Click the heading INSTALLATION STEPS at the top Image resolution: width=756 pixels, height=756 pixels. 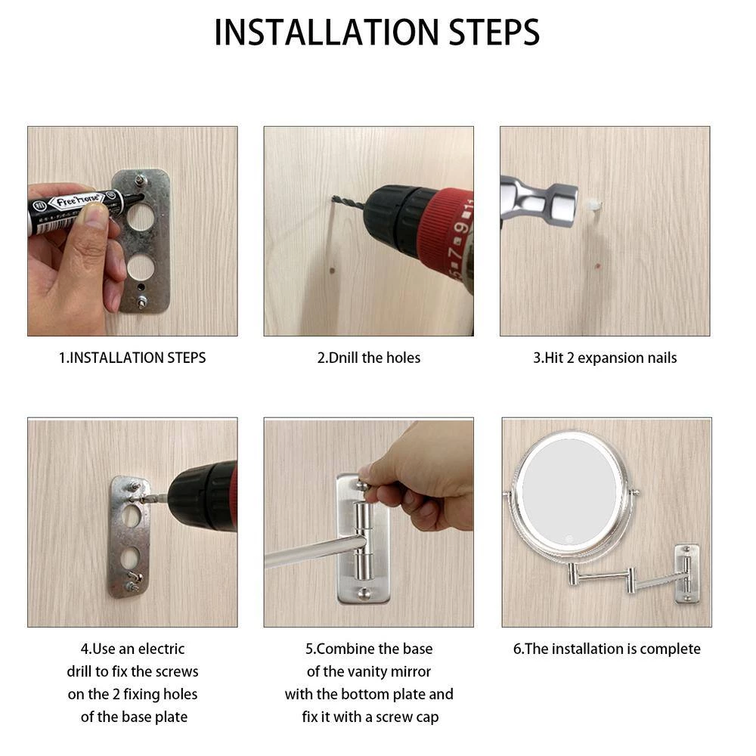377,33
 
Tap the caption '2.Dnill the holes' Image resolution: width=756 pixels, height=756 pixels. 369,358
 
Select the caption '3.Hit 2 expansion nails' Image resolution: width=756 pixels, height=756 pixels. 605,358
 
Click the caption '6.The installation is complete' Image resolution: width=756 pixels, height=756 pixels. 606,649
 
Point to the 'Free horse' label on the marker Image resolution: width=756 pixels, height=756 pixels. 77,200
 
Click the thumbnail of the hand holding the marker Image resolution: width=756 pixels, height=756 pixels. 132,231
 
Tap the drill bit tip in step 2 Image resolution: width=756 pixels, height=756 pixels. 333,197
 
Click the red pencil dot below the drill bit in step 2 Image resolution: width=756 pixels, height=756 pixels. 332,270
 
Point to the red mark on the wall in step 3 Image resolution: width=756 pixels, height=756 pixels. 598,265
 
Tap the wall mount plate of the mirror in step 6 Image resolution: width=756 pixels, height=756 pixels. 686,574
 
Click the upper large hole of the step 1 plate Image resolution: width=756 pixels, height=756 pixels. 141,217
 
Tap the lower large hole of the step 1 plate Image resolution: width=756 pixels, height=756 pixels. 141,268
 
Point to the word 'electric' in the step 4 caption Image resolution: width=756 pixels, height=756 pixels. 160,649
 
